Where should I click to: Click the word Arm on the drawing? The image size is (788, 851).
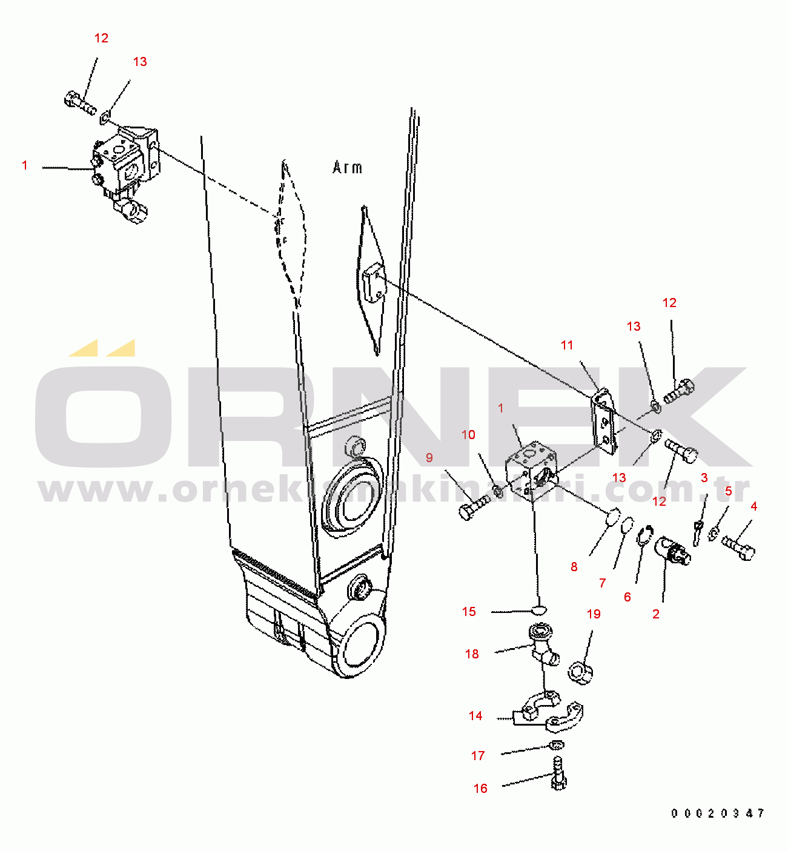347,167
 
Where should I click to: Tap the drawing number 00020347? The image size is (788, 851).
717,813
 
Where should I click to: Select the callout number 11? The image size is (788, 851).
567,345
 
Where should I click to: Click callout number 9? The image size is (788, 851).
429,457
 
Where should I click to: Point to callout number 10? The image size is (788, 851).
468,435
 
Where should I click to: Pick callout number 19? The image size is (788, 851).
594,614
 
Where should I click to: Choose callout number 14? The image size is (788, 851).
475,716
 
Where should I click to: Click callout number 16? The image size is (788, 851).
480,788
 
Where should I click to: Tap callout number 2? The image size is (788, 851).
656,614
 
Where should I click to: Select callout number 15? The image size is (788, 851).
469,612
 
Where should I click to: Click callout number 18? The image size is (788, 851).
472,654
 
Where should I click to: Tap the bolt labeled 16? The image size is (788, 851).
558,775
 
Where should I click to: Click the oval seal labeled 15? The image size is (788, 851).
537,609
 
